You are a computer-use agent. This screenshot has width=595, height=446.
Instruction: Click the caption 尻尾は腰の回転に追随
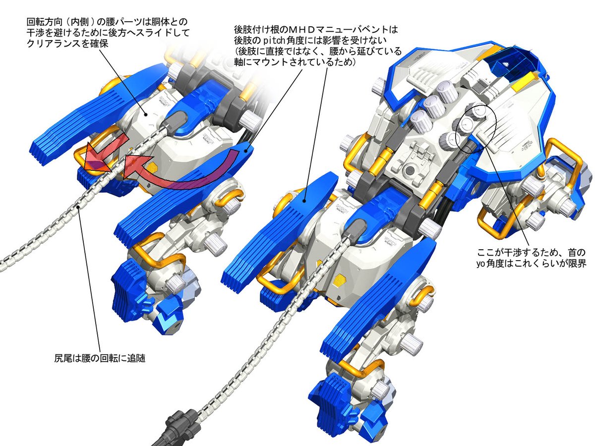tap(100, 356)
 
